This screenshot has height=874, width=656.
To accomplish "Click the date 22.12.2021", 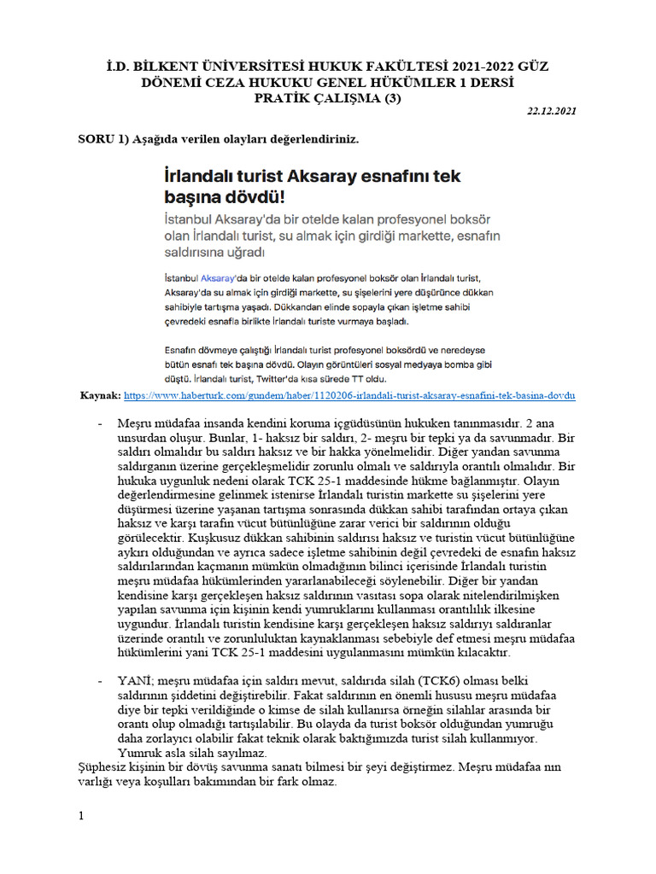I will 553,112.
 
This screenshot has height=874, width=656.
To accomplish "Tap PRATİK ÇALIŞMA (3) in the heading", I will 329,97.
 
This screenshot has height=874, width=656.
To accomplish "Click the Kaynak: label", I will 100,396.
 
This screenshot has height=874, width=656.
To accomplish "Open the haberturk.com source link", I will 350,396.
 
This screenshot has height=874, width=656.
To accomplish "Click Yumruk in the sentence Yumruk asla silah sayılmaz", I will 138,754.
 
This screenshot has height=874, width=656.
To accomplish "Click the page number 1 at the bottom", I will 81,816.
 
